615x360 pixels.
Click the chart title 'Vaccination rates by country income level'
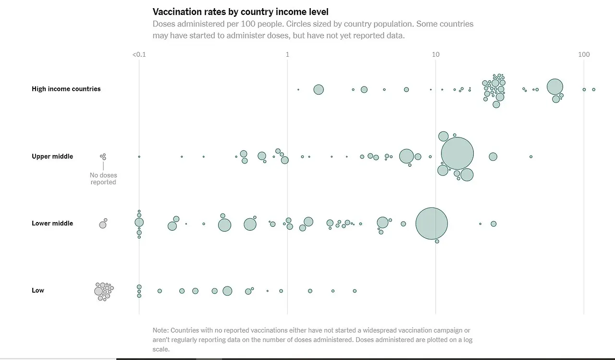click(240, 12)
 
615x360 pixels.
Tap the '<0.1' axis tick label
click(139, 55)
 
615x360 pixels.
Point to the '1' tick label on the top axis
click(287, 55)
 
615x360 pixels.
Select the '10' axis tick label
click(435, 55)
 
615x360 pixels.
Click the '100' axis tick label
click(584, 55)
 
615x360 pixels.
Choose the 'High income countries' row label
click(66, 89)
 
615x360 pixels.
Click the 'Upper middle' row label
click(52, 156)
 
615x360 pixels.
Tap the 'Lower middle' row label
click(52, 223)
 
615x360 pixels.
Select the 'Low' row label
click(38, 290)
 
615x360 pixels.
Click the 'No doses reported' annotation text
click(103, 179)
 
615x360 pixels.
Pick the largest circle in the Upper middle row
click(457, 154)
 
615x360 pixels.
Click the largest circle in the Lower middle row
click(431, 223)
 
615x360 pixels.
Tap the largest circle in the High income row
click(555, 87)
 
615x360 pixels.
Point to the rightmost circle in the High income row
click(593, 89)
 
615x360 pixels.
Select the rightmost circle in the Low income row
click(355, 291)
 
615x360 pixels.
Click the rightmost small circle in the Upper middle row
click(531, 157)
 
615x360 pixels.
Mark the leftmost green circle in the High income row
click(298, 89)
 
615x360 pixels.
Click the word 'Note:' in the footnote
click(161, 330)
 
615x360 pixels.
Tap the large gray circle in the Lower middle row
click(102, 224)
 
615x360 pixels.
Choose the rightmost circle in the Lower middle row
click(493, 223)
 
